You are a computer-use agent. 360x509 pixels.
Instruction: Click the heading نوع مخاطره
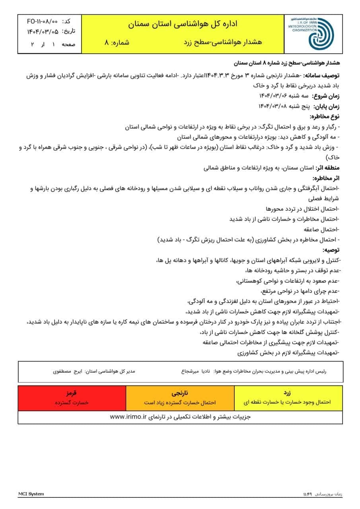[325, 117]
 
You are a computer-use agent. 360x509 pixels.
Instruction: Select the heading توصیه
[331, 250]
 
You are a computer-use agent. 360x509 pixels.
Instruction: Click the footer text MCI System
[31, 494]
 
